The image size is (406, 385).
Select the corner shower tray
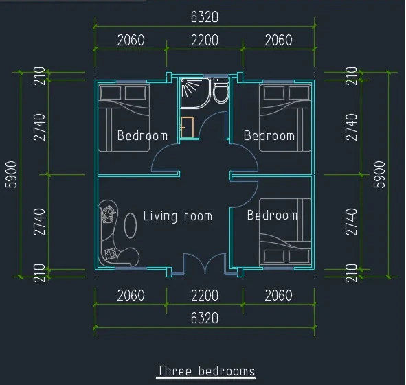tap(195, 93)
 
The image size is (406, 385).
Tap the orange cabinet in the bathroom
tap(187, 127)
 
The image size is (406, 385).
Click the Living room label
tap(178, 216)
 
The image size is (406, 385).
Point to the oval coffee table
tap(131, 225)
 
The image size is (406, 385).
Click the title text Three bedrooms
tap(206, 371)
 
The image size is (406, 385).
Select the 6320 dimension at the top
tap(205, 17)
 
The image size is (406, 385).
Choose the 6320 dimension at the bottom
tap(205, 318)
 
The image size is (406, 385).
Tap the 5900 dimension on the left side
tap(12, 174)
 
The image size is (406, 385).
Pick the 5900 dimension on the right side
tap(379, 174)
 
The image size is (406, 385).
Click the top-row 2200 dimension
tap(205, 40)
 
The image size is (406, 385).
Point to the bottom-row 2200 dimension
tap(205, 295)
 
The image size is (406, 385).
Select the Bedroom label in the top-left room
tap(142, 136)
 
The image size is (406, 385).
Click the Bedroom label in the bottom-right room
tap(272, 215)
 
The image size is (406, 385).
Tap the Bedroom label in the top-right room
tap(269, 136)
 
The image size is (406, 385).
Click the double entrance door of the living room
tap(205, 264)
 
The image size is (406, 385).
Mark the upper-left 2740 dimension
tap(40, 127)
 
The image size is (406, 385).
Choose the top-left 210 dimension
tap(40, 75)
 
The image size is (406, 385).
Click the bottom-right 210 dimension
tap(351, 273)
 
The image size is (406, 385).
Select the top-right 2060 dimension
tap(278, 40)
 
